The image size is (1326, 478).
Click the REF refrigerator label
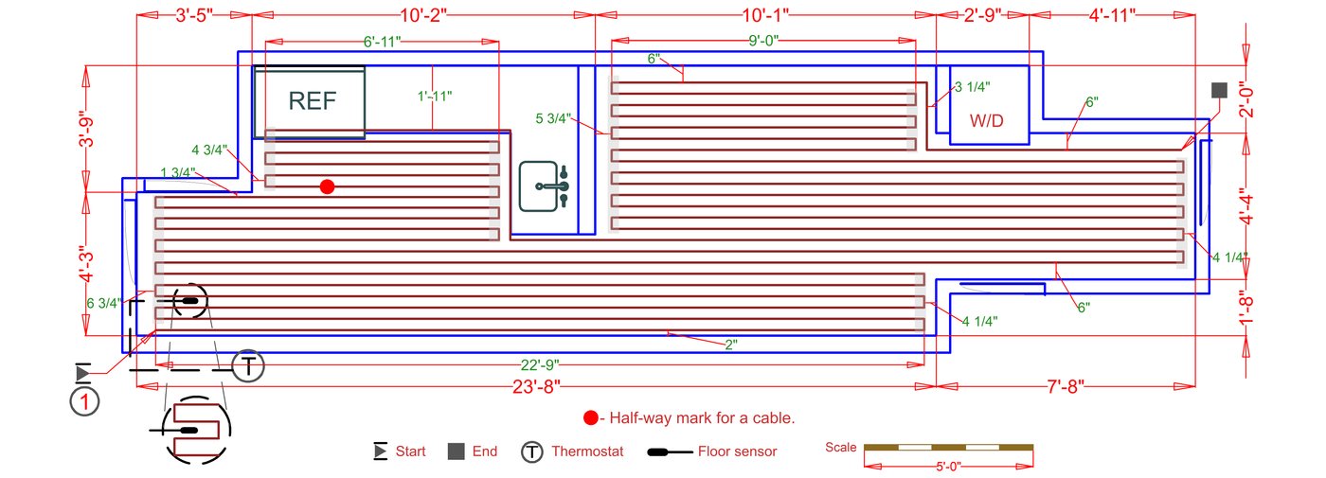[312, 101]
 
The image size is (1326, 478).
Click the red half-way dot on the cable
[327, 186]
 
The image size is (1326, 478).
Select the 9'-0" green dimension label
[762, 41]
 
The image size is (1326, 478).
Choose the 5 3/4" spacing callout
[554, 118]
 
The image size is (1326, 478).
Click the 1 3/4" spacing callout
[177, 172]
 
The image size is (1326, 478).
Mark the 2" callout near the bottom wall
[730, 345]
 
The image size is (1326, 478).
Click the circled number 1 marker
[85, 401]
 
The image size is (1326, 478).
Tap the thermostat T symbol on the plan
[247, 365]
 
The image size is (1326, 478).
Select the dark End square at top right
[1219, 90]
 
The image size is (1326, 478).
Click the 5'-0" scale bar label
[948, 466]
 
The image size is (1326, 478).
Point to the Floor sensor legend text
[737, 451]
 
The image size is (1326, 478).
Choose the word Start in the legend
[410, 451]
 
